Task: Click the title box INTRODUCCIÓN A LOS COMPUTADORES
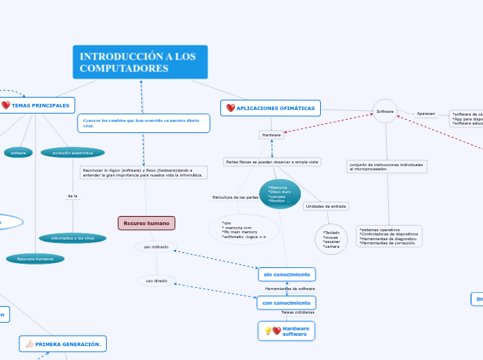pos(139,62)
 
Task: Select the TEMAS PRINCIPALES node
pos(37,105)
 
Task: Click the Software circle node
pos(385,111)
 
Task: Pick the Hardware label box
pos(271,135)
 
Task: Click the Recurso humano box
pos(146,223)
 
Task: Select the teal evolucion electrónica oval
pos(72,152)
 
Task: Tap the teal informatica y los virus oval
pos(73,238)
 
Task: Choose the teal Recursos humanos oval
pos(35,259)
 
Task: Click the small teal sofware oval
pos(18,152)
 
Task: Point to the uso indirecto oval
pos(156,246)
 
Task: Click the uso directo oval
pos(156,280)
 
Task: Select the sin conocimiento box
pos(287,274)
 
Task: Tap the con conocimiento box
pos(286,303)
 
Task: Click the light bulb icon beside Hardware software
pos(268,331)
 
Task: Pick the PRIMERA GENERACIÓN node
pos(62,343)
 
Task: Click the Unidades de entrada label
pos(326,206)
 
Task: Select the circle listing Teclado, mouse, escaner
pos(331,239)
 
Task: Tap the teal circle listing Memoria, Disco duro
pos(279,194)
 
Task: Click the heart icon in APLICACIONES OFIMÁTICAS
pos(231,108)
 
